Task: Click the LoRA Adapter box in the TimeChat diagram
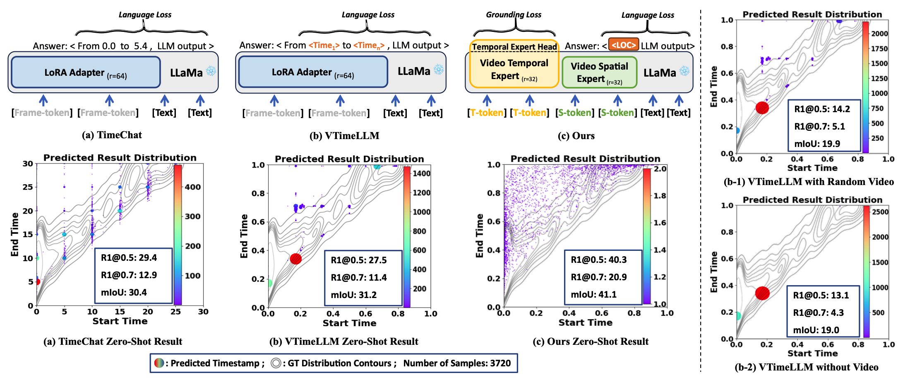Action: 86,72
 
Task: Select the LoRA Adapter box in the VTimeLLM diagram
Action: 313,72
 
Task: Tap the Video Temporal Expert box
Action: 514,69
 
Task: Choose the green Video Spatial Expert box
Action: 599,72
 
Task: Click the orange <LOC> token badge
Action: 624,45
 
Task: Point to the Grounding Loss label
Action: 514,15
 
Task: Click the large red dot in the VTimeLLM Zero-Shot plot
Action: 295,259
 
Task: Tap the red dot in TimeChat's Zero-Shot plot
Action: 37,282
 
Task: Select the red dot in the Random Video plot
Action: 762,108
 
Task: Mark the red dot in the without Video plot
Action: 762,293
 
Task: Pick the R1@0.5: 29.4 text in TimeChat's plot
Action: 129,258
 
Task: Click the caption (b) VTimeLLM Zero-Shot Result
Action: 343,342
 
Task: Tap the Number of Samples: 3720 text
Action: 457,363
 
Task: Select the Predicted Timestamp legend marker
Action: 159,363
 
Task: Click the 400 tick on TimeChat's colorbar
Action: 192,187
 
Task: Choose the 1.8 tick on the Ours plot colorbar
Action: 660,195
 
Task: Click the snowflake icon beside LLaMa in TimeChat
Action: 211,72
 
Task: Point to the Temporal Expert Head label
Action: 514,47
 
